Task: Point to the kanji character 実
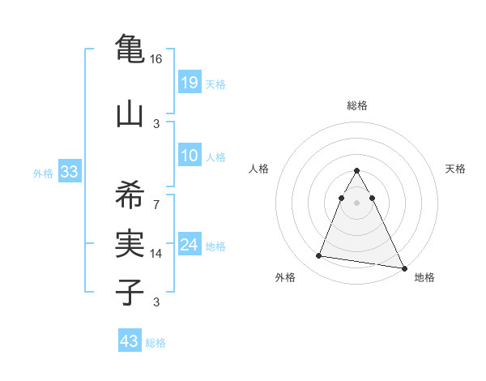[130, 241]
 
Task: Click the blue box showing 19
[190, 83]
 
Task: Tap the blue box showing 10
[190, 156]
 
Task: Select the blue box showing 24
[190, 246]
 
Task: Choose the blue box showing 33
[69, 172]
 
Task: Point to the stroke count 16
[156, 59]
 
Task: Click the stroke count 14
[156, 254]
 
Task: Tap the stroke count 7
[156, 203]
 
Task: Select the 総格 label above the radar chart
[357, 105]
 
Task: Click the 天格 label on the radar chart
[456, 169]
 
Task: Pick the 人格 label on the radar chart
[258, 169]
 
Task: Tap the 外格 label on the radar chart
[285, 277]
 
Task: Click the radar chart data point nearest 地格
[404, 268]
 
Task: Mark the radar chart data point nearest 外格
[319, 256]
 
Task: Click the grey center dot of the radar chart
[357, 203]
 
